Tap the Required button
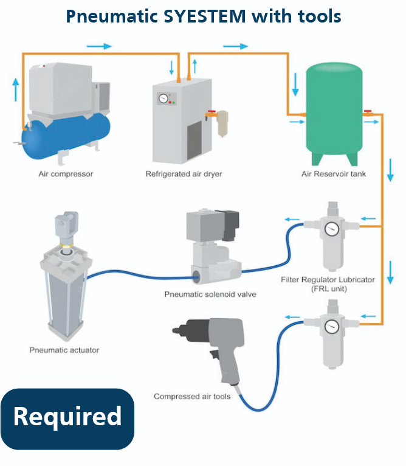67,418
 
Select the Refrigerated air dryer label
184,174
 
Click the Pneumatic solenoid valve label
210,294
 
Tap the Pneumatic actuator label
64,350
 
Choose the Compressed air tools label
192,397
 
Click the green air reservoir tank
334,113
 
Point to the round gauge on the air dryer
163,98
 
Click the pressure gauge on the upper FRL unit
331,229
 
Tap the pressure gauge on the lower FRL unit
331,326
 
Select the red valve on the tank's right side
368,113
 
